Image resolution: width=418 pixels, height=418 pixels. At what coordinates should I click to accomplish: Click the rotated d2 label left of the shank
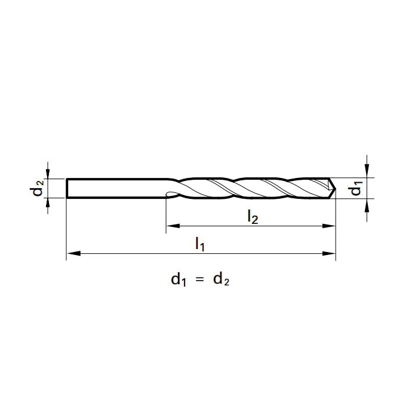(37, 188)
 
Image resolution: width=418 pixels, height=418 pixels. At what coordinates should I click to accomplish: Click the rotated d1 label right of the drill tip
(356, 188)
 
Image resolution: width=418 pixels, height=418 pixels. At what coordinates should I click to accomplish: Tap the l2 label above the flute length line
(252, 217)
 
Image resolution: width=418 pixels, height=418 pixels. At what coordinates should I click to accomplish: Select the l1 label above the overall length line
(200, 244)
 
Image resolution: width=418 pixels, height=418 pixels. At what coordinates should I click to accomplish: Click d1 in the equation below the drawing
(179, 279)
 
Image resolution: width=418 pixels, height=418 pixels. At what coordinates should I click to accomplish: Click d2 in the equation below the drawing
(221, 279)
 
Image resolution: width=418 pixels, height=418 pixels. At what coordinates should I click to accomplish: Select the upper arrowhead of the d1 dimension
(367, 171)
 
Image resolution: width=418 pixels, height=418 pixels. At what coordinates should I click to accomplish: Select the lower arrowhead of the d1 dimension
(367, 204)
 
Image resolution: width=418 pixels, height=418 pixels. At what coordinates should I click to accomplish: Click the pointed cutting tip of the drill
(334, 188)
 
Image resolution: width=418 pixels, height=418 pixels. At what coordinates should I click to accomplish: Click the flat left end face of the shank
(67, 188)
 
